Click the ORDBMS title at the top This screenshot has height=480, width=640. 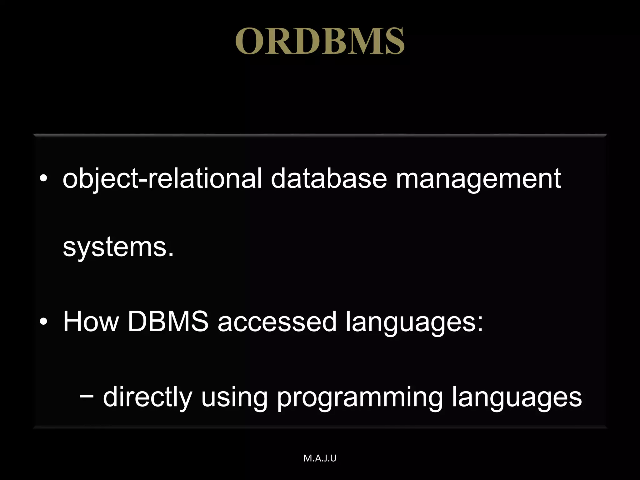pyautogui.click(x=320, y=41)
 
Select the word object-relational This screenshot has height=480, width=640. pyautogui.click(x=162, y=179)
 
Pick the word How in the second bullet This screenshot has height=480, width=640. pyautogui.click(x=91, y=322)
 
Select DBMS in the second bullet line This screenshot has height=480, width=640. pyautogui.click(x=168, y=322)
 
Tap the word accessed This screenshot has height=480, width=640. pyautogui.click(x=277, y=322)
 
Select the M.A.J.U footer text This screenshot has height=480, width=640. pyautogui.click(x=320, y=458)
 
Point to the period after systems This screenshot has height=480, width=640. pyautogui.click(x=170, y=255)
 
